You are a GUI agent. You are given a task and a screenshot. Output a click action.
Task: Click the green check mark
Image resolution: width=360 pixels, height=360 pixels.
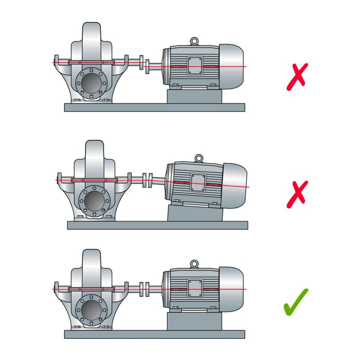pyautogui.click(x=296, y=302)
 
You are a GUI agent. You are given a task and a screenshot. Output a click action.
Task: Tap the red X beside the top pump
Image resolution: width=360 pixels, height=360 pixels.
pyautogui.click(x=297, y=75)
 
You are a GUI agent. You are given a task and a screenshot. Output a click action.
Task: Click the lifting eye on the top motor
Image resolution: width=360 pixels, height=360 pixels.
pyautogui.click(x=194, y=41)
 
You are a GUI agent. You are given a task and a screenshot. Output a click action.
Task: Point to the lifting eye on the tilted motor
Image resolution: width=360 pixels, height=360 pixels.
pyautogui.click(x=198, y=157)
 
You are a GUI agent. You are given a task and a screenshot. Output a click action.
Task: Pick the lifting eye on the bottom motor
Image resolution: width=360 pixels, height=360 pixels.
pyautogui.click(x=194, y=264)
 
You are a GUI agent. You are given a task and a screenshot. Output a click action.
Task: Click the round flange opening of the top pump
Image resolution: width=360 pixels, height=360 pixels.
pyautogui.click(x=92, y=83)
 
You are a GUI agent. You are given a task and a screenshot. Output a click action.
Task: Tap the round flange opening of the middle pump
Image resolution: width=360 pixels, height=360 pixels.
pyautogui.click(x=95, y=198)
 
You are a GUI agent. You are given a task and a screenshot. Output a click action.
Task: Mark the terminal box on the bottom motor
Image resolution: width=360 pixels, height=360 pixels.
pyautogui.click(x=195, y=288)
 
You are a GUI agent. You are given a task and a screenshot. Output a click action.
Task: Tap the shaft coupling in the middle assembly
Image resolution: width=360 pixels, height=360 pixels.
pyautogui.click(x=147, y=180)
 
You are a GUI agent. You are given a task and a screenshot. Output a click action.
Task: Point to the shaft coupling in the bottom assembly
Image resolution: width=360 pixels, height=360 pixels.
pyautogui.click(x=144, y=288)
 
